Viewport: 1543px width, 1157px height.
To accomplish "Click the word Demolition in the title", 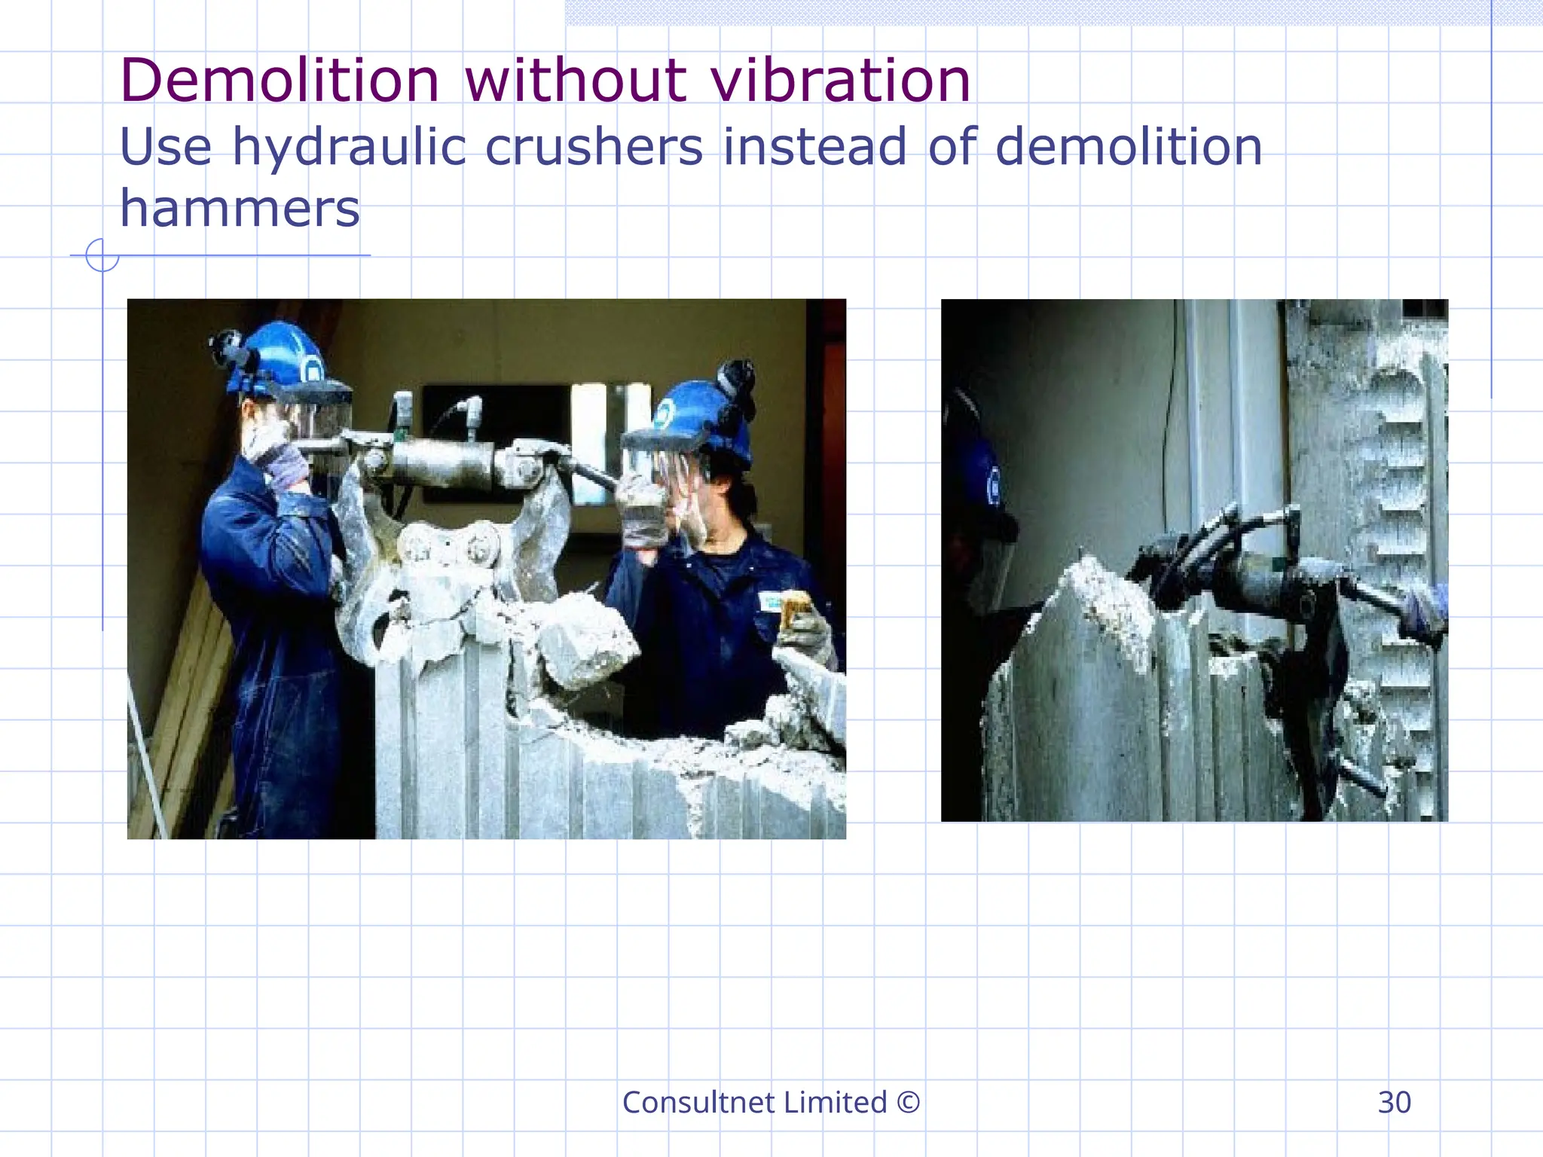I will point(279,81).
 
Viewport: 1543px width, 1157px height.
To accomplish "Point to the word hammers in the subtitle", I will point(240,209).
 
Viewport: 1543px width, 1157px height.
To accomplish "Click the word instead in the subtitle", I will point(814,147).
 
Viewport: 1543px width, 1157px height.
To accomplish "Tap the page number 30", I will point(1394,1103).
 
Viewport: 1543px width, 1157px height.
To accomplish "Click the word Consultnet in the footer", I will point(698,1103).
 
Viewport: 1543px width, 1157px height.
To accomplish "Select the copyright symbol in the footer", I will point(909,1103).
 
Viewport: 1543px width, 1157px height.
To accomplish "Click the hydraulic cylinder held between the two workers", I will point(445,459).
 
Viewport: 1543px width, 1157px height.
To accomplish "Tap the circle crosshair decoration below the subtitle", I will point(102,255).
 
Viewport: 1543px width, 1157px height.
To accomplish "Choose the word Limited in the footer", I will point(835,1103).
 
